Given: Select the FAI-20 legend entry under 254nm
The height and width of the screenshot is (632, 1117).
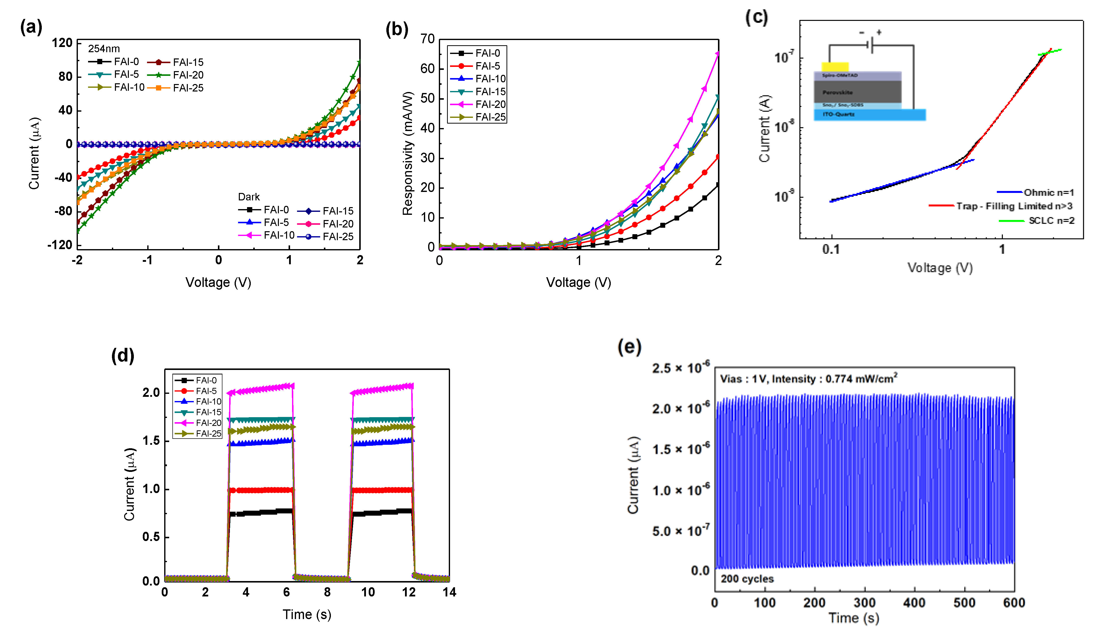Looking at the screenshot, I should click(x=188, y=75).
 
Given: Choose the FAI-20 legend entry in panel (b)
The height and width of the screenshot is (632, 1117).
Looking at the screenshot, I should click(x=490, y=104).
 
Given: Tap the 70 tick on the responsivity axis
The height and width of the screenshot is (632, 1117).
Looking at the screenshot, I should click(x=427, y=39).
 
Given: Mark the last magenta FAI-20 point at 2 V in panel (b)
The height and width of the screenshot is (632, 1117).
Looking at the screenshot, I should click(x=717, y=54).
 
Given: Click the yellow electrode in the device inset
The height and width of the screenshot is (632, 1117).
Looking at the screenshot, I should click(x=835, y=67).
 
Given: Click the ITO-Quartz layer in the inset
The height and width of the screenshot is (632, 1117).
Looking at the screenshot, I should click(x=868, y=115).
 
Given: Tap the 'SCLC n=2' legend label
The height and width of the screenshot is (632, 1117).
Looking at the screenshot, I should click(x=1051, y=221).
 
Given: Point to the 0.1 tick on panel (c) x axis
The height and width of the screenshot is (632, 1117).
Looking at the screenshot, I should click(x=831, y=250).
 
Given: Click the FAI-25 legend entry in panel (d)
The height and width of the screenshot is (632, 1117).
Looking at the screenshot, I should click(x=208, y=433).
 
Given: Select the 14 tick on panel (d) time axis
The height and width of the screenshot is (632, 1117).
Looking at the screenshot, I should click(x=449, y=592).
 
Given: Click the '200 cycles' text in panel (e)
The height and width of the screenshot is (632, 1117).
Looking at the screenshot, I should click(x=747, y=579).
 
